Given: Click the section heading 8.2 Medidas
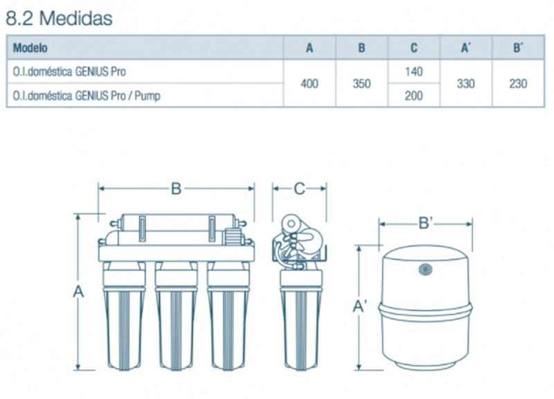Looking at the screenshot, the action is pos(59,18).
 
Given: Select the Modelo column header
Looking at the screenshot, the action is pos(30,48).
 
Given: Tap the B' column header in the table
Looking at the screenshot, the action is pos(518,48).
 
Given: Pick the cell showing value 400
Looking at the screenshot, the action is pos(309,84).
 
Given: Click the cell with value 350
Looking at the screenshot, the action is pos(361,84).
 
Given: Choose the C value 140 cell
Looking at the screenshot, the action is pos(413,72).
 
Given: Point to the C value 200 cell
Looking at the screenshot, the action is pos(413,96).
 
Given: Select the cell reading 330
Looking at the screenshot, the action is pos(465,84).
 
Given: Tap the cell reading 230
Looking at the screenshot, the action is pos(518,84).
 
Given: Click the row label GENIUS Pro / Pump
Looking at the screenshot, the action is pos(87,96).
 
